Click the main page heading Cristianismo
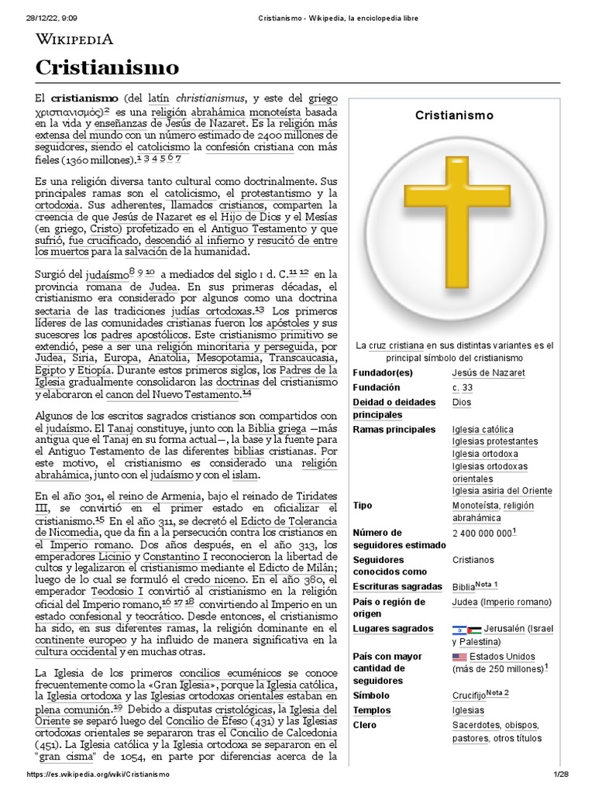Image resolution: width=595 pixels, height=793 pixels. [107, 67]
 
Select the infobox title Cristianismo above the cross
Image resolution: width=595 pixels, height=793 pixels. [454, 115]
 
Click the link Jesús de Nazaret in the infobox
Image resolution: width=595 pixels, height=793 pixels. [488, 372]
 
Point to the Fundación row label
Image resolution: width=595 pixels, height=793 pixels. [377, 387]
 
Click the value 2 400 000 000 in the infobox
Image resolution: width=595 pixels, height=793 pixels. [482, 533]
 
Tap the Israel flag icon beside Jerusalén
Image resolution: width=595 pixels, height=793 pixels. [459, 630]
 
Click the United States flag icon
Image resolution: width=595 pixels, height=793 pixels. [460, 657]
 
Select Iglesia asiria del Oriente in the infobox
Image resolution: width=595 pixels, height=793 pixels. [502, 490]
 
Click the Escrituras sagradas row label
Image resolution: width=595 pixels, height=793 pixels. [397, 586]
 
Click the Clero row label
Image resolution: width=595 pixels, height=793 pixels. [364, 725]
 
